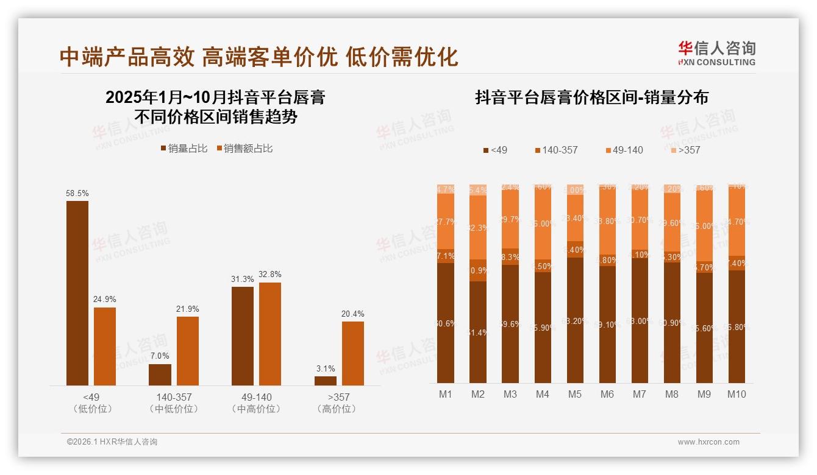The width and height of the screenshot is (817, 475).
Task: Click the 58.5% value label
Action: point(77,193)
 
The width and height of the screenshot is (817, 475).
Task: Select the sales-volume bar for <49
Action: point(77,293)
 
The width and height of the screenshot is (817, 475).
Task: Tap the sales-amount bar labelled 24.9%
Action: point(105,346)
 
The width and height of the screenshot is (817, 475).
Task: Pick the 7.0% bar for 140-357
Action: point(160,375)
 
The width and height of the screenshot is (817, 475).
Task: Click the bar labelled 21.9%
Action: point(188,351)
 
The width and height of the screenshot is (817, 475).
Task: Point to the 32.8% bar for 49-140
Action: point(270,334)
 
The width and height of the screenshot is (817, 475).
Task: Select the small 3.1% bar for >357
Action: point(326,381)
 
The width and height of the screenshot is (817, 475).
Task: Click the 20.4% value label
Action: point(353,314)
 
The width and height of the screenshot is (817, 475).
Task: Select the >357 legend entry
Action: point(685,150)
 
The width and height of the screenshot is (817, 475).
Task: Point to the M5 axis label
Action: point(574,394)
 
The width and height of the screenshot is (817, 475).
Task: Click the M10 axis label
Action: point(737,394)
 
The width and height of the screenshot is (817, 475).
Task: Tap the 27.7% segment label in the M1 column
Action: point(446,222)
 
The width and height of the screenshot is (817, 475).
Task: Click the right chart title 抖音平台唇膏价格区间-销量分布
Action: point(591,98)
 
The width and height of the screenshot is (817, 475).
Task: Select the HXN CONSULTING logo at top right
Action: point(716,54)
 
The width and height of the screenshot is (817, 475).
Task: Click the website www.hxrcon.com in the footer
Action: point(708,442)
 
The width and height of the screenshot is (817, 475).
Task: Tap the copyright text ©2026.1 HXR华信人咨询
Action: point(112,442)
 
